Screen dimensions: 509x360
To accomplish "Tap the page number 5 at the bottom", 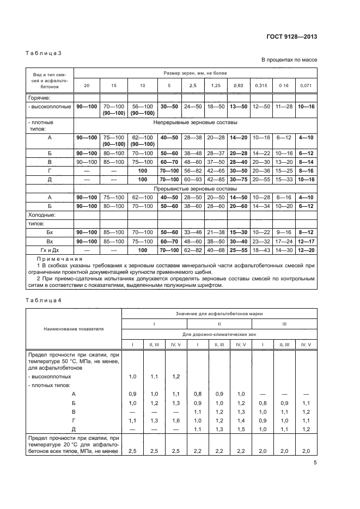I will click(x=315, y=463).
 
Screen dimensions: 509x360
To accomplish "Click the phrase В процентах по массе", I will click(x=289, y=60).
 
